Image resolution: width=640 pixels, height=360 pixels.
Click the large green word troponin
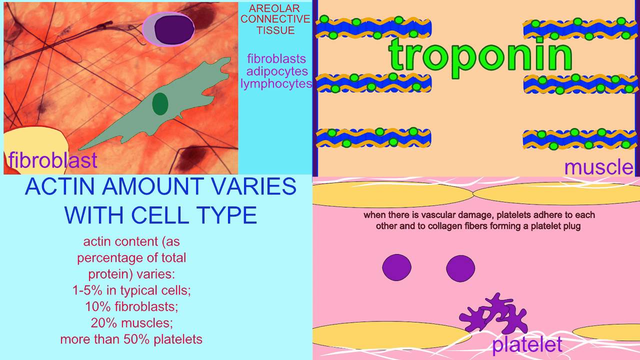[x=480, y=54]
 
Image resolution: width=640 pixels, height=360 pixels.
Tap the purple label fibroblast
[x=52, y=160]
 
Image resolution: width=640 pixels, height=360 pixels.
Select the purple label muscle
[x=598, y=167]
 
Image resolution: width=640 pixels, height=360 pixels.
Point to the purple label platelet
[x=527, y=344]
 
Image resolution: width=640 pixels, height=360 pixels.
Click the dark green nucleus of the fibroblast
[x=160, y=103]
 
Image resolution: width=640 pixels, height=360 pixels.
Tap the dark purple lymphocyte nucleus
[x=173, y=28]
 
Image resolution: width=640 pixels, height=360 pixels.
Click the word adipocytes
[x=277, y=71]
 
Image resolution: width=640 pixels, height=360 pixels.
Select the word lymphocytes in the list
[x=276, y=83]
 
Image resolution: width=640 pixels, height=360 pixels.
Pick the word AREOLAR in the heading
[x=274, y=8]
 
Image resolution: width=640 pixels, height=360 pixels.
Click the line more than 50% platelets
[x=131, y=339]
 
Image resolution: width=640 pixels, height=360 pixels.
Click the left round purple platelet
[x=396, y=267]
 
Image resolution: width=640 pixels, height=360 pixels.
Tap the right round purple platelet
[x=460, y=268]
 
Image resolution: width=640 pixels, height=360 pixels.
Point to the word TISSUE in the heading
[x=275, y=30]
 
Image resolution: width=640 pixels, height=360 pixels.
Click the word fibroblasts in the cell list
[x=276, y=59]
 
